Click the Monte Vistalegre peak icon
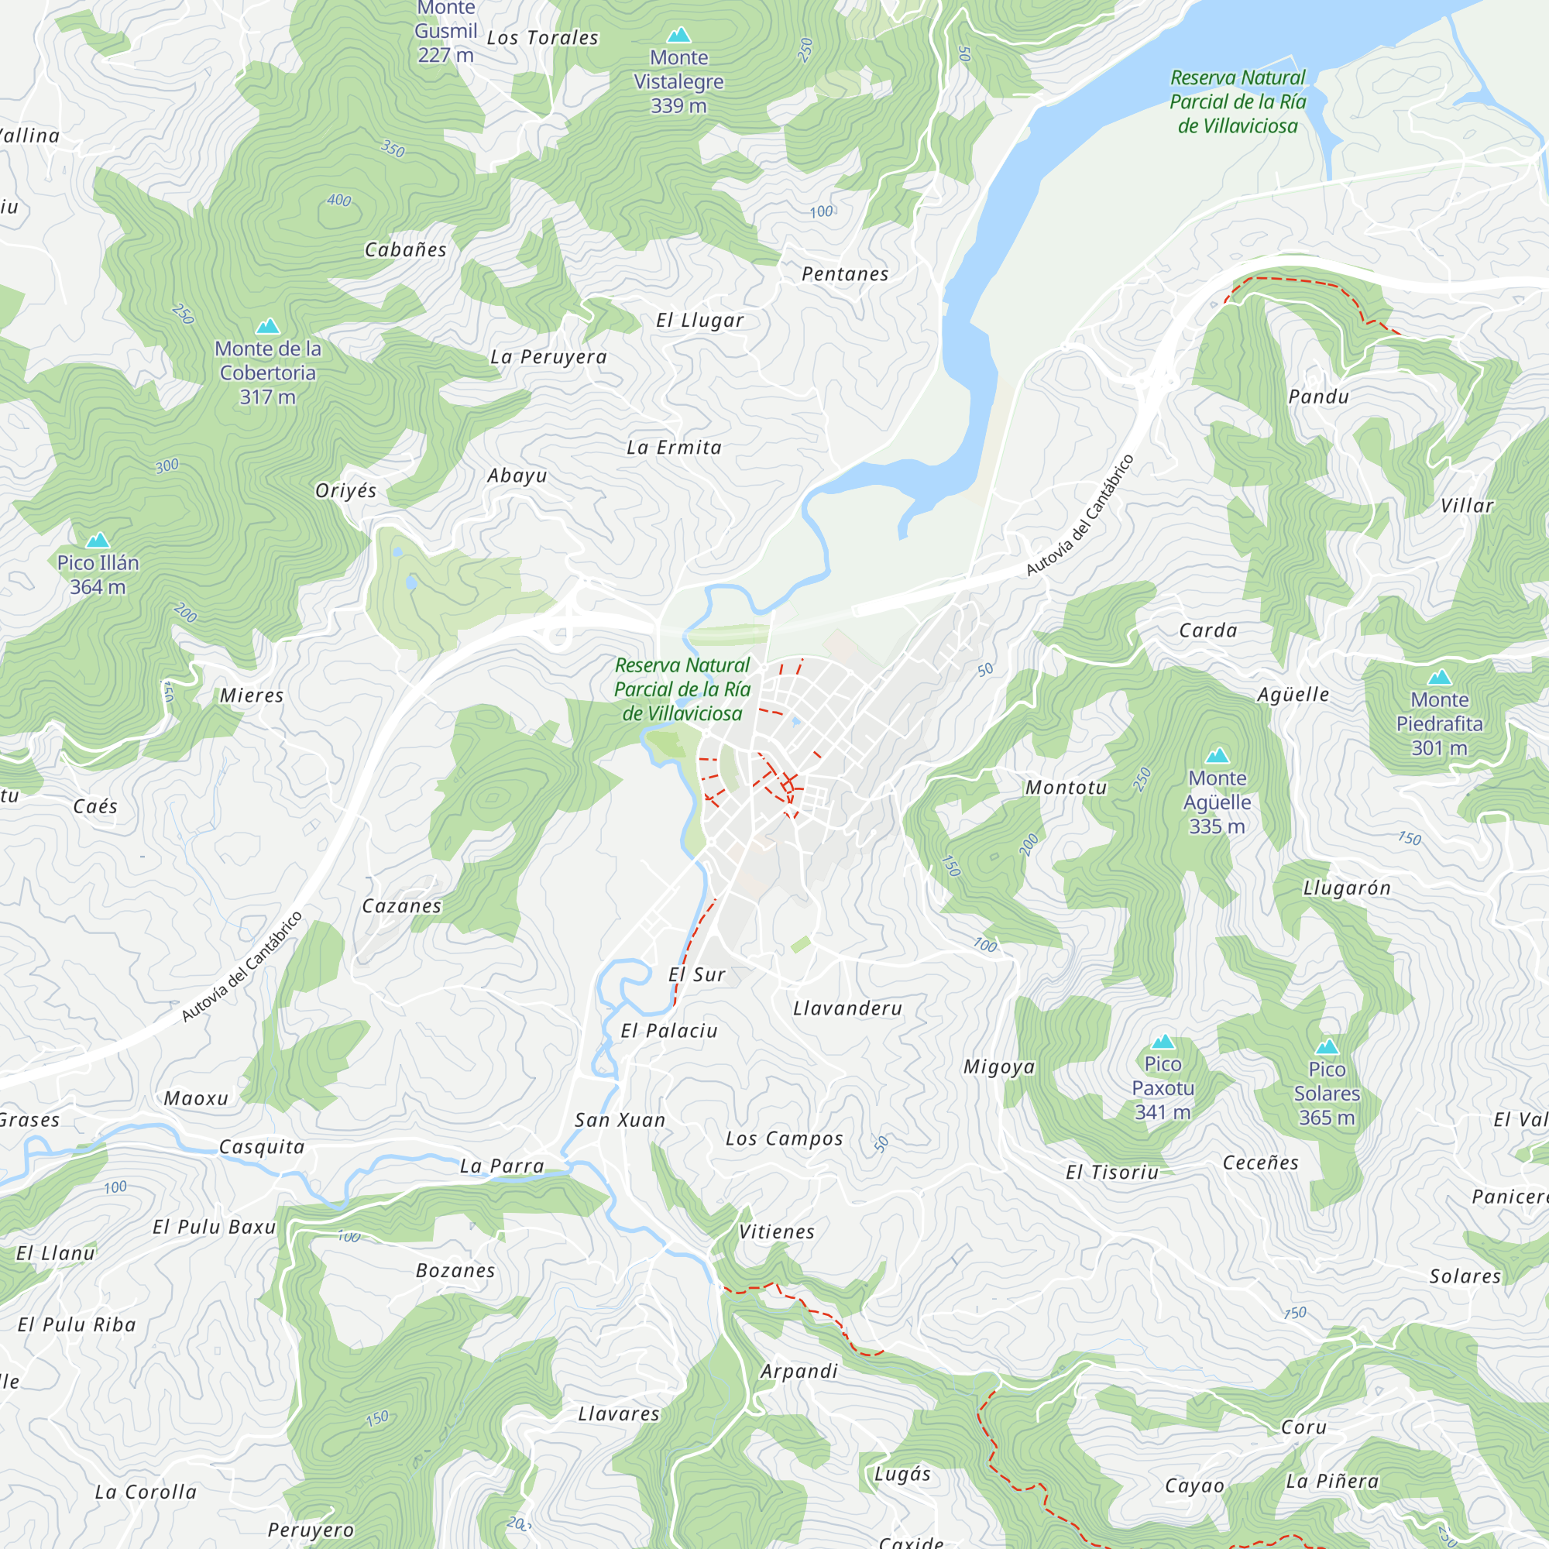click(x=679, y=35)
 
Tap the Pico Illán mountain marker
click(x=98, y=540)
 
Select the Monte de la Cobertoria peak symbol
click(x=268, y=326)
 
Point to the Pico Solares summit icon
click(x=1327, y=1047)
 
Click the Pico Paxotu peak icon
click(x=1163, y=1042)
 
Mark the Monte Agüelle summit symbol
click(x=1217, y=755)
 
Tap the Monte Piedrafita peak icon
click(x=1440, y=678)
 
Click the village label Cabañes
click(x=406, y=250)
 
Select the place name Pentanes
click(x=845, y=274)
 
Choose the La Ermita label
click(x=675, y=448)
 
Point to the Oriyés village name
click(x=345, y=491)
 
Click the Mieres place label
click(x=252, y=696)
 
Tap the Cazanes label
click(x=402, y=906)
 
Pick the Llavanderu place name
click(x=847, y=1008)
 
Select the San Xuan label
click(x=620, y=1120)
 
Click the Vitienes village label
click(x=776, y=1231)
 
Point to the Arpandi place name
click(x=799, y=1371)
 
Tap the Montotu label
click(x=1066, y=788)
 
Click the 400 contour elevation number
click(x=339, y=200)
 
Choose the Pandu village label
click(x=1319, y=397)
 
